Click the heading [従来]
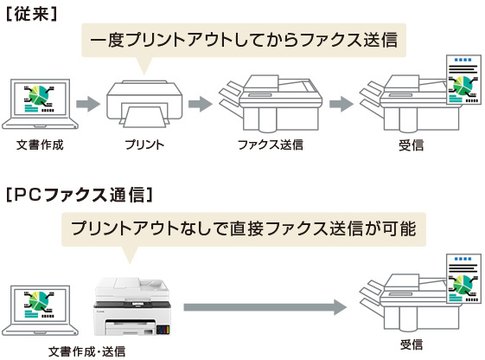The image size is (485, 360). coord(31,14)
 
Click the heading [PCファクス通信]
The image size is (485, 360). coord(80,195)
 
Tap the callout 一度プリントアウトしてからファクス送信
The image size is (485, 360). coord(244,41)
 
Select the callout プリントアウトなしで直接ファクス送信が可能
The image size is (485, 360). coord(244,229)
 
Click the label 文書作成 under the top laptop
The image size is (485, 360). coord(40,145)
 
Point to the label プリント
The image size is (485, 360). coord(144,145)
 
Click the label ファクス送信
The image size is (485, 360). coord(271,145)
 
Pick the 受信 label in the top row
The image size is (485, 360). coord(411,145)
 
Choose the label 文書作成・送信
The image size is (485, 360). coord(87,351)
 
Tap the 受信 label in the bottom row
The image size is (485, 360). coord(411,344)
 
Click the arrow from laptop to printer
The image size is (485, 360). coord(88,104)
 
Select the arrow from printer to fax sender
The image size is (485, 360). coord(201,104)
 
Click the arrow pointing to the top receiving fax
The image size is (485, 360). coord(341,104)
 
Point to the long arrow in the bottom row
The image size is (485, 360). coord(265,307)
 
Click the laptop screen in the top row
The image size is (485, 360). coord(40,99)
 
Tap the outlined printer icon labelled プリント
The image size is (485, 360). coord(144,104)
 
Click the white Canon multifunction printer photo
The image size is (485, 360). coord(132,306)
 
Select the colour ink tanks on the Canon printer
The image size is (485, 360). coord(163,330)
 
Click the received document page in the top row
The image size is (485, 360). coord(463,80)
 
